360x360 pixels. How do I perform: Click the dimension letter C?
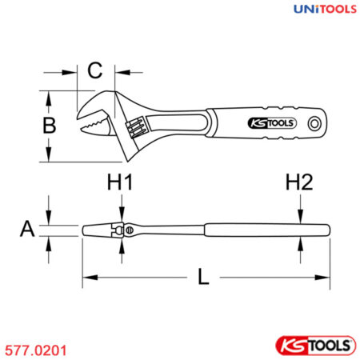point(95,70)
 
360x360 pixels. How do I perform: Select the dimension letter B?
point(50,126)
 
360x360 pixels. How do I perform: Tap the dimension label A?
point(28,229)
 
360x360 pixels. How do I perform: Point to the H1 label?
point(120,184)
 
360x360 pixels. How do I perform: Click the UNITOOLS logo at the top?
point(314,10)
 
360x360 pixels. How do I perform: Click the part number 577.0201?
point(37,349)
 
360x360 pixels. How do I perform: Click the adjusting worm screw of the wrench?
point(134,126)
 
